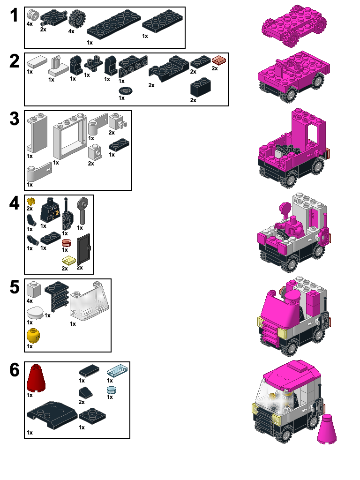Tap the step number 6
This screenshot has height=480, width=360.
pyautogui.click(x=15, y=370)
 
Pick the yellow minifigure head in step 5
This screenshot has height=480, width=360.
pyautogui.click(x=34, y=336)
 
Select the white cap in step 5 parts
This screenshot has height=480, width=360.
pyautogui.click(x=37, y=313)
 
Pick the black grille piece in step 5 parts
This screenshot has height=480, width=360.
pyautogui.click(x=57, y=295)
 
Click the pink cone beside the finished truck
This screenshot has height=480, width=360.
pyautogui.click(x=327, y=428)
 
